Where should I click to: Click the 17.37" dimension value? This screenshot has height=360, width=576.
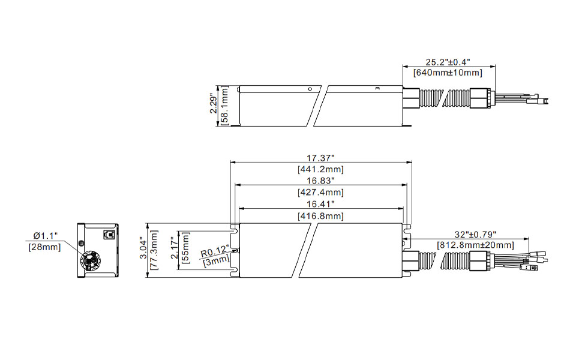tap(320, 158)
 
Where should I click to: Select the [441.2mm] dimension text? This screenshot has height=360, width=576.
tap(320, 169)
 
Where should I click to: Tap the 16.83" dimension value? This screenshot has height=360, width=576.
tap(320, 181)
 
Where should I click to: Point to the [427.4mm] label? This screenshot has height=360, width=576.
tap(320, 192)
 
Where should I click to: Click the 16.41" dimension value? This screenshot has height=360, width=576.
tap(320, 204)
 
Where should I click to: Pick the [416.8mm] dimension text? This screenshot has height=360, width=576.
tap(320, 215)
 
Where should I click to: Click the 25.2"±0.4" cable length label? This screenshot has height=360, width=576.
tap(448, 61)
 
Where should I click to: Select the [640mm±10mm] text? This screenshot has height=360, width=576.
tap(448, 73)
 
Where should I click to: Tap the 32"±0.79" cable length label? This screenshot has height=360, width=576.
tap(475, 235)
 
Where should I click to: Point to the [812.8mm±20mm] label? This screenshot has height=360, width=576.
tap(475, 245)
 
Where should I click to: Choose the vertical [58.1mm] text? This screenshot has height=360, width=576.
tap(224, 106)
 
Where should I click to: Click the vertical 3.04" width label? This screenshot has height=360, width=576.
tap(143, 250)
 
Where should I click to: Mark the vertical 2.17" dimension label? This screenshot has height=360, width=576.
tap(175, 250)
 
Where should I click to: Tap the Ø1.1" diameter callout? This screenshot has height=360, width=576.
tap(45, 235)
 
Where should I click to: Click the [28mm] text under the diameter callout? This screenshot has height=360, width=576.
tap(44, 247)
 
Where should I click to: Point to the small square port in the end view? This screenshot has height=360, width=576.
tap(109, 235)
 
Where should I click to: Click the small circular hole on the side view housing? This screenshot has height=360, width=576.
tap(310, 89)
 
